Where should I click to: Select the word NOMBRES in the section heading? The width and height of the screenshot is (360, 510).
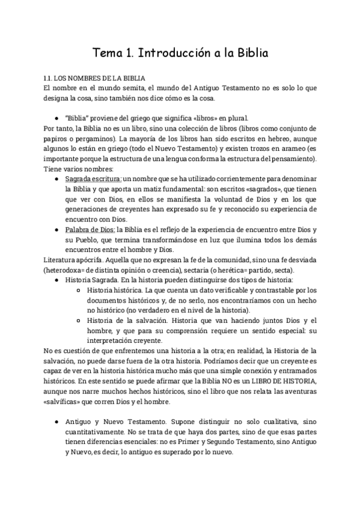(85, 78)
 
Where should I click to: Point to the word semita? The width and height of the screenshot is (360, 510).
(130, 88)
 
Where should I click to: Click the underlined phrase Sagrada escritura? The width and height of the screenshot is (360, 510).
(93, 179)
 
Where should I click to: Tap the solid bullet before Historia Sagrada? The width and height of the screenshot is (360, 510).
(57, 281)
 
